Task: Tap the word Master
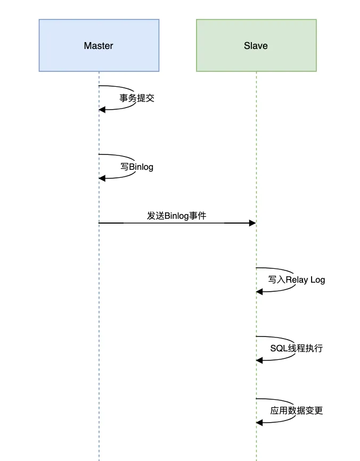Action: (x=99, y=46)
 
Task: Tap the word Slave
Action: (x=256, y=46)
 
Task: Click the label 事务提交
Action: (x=137, y=98)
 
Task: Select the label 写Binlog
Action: (x=137, y=167)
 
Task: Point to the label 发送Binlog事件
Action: (x=177, y=216)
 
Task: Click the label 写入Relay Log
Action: (x=297, y=279)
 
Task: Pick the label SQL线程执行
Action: (x=296, y=349)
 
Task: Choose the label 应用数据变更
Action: (x=296, y=410)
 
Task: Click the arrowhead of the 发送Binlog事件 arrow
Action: (x=252, y=223)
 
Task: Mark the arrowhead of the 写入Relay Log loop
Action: (x=259, y=291)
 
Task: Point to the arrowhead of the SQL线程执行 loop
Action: (x=259, y=360)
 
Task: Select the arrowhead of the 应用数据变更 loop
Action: (x=259, y=422)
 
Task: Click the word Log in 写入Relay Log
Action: (x=317, y=280)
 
